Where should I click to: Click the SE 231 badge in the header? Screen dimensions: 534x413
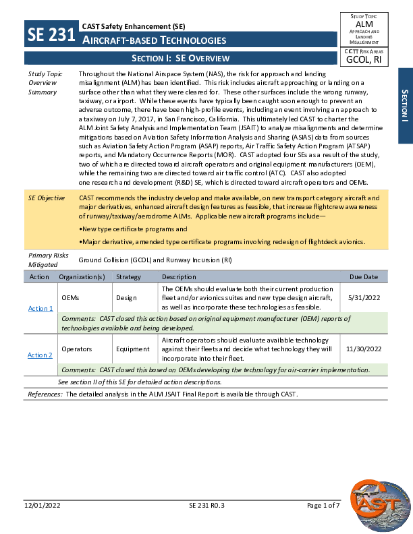(50, 35)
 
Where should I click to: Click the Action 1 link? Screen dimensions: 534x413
(40, 308)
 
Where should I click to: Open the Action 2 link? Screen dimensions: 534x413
(40, 355)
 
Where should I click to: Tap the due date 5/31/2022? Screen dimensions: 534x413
(364, 297)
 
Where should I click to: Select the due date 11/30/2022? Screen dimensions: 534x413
(364, 349)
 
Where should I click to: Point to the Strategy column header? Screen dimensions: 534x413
(128, 277)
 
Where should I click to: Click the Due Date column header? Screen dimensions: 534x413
(364, 277)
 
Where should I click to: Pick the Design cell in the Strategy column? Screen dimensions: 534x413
(126, 297)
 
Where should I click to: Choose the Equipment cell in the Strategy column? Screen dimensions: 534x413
(132, 349)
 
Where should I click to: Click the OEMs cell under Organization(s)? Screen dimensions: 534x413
(70, 297)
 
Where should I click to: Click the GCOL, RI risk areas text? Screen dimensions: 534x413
(363, 59)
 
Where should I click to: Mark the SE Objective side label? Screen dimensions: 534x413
(46, 198)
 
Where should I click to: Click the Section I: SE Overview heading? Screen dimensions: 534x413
(180, 59)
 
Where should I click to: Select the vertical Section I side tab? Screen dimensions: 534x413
(404, 105)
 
